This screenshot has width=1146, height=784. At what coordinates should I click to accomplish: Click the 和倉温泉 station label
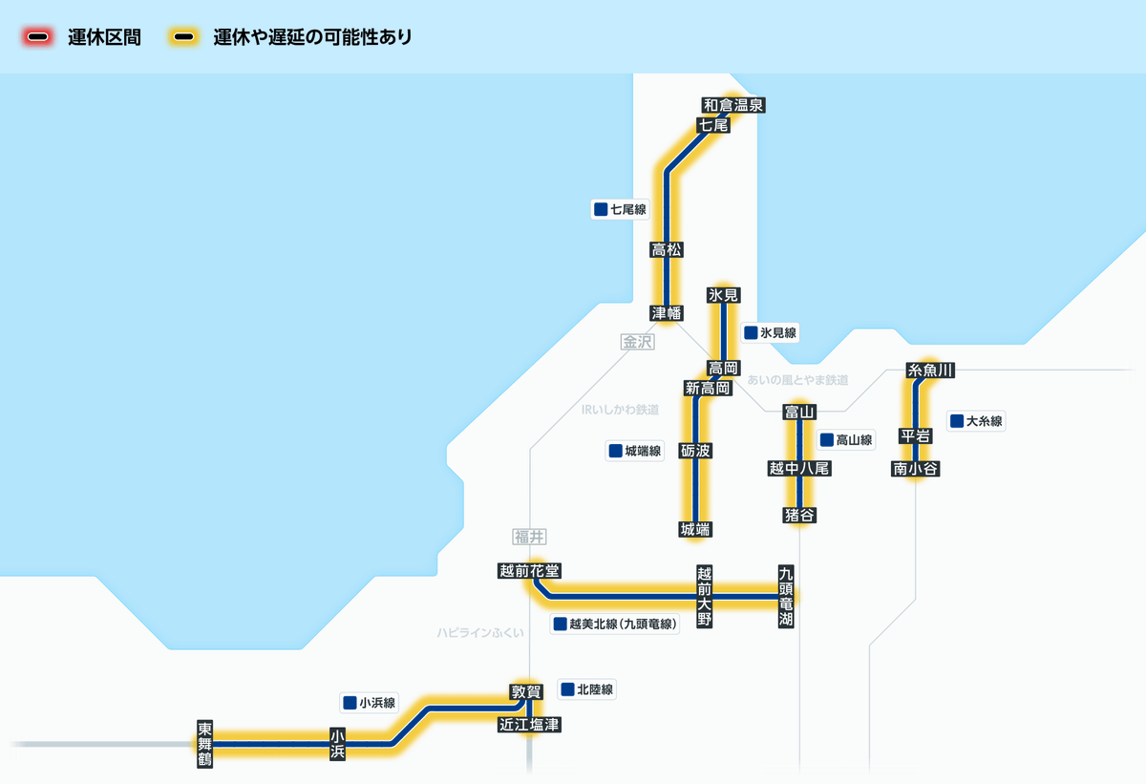733,105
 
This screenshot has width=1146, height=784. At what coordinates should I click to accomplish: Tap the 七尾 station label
713,125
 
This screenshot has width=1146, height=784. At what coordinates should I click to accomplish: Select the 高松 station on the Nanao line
666,250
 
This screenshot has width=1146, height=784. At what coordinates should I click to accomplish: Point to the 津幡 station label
666,312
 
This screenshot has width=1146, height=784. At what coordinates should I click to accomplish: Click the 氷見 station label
724,295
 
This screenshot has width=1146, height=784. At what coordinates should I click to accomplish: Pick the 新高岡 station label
708,388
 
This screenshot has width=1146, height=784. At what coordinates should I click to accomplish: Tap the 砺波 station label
695,450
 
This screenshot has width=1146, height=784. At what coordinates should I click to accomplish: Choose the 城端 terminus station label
695,528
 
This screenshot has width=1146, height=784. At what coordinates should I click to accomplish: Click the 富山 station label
798,412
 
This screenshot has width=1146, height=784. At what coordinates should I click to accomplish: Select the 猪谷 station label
799,516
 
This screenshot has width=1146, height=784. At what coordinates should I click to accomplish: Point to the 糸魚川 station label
931,370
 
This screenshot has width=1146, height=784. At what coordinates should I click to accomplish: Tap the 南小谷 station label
916,468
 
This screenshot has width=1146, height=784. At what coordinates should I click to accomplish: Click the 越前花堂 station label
529,571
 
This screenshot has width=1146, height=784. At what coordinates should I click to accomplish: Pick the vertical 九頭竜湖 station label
786,597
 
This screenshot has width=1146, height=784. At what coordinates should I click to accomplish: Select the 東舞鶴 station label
205,743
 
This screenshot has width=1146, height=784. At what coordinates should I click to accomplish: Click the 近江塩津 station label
529,725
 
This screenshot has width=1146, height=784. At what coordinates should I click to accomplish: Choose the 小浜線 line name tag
369,703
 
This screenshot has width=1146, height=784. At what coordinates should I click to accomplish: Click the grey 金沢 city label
637,341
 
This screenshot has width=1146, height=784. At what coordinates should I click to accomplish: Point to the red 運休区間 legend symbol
39,38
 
